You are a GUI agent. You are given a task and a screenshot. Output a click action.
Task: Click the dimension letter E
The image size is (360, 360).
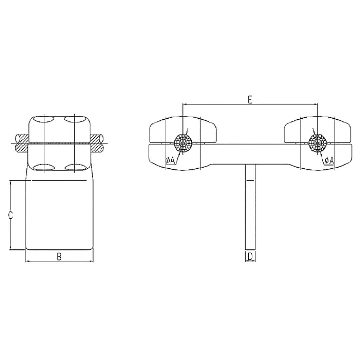pyautogui.click(x=250, y=99)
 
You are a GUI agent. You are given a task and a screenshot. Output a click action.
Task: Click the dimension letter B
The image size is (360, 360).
pyautogui.click(x=59, y=257)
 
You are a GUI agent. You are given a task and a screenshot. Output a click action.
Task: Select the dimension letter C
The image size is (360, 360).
pyautogui.click(x=11, y=215)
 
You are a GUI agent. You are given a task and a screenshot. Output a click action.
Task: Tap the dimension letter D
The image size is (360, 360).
pyautogui.click(x=250, y=256)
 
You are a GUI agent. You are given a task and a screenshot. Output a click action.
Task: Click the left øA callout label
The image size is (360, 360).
pyautogui.click(x=170, y=161)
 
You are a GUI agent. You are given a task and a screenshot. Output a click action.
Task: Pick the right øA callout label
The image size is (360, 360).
pyautogui.click(x=329, y=161)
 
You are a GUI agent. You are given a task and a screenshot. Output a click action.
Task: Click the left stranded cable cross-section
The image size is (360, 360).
pyautogui.click(x=183, y=143)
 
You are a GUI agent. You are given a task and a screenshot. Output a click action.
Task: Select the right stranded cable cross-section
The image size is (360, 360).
pyautogui.click(x=317, y=143)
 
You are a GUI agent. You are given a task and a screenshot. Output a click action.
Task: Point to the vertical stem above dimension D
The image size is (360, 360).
pyautogui.click(x=250, y=207)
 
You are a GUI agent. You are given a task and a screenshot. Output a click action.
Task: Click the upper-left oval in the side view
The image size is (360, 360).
pyautogui.click(x=44, y=119)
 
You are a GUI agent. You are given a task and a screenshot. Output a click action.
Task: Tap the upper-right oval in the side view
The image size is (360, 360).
pyautogui.click(x=74, y=119)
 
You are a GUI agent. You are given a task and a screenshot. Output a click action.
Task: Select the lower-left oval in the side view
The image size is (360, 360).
pyautogui.click(x=44, y=167)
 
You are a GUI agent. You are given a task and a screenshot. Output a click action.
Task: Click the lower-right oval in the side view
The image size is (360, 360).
pyautogui.click(x=74, y=167)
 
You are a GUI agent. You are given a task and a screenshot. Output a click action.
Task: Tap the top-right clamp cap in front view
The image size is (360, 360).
pyautogui.click(x=317, y=128)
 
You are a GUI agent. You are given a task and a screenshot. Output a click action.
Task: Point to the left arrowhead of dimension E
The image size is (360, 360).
pyautogui.click(x=184, y=104)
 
